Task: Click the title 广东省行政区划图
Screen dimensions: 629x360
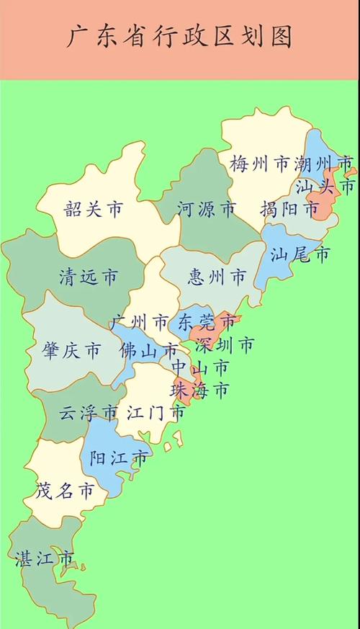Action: point(180,37)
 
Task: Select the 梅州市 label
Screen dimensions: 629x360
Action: point(259,164)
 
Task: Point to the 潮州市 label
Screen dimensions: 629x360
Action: point(325,164)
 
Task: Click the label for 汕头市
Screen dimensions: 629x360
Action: point(326,187)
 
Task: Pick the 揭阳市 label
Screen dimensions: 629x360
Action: point(289,210)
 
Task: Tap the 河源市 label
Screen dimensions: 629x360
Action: point(206,210)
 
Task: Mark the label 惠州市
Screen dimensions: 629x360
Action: point(216,276)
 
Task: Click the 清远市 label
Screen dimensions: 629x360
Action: point(89,276)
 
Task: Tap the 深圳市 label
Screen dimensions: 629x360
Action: point(225,345)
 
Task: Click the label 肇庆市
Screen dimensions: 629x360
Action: point(72,351)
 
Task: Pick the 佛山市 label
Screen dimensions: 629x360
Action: point(149,351)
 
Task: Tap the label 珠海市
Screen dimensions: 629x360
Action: point(200,390)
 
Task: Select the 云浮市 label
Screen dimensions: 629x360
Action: point(88,413)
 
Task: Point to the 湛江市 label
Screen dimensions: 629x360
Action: point(45,558)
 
